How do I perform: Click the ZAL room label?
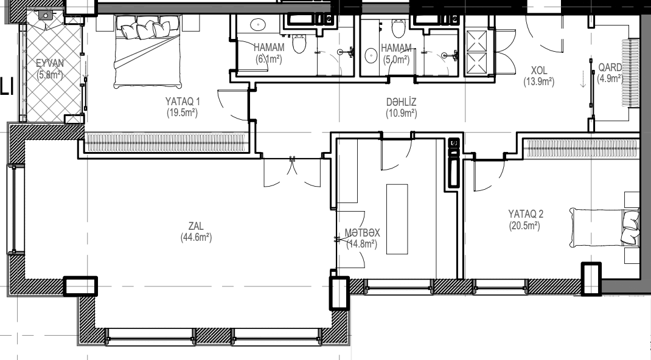point(196,226)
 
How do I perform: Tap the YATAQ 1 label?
point(183,102)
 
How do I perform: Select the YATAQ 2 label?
point(526,214)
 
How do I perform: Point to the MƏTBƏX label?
point(362,233)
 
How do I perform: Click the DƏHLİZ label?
point(401,102)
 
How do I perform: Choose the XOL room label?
point(539,71)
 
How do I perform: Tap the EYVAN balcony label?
point(50,63)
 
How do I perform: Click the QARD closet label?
point(610,67)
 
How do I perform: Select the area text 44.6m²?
point(196,237)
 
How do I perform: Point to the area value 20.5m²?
point(524,226)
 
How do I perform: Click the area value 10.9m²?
point(402,113)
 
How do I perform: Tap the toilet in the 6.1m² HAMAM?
point(299,43)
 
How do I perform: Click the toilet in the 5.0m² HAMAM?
point(399,28)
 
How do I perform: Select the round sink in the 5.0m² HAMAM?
point(371,55)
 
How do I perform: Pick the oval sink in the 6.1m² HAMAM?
point(258,24)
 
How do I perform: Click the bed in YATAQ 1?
point(147,52)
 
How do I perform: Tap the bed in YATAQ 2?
point(605,227)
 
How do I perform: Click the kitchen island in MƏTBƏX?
point(397,219)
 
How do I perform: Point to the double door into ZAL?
point(292,172)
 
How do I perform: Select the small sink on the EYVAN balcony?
point(45,15)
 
